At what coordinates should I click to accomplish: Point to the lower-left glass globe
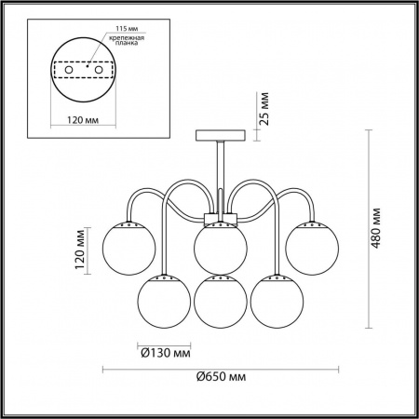point(160,300)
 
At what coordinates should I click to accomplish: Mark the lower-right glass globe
point(274,300)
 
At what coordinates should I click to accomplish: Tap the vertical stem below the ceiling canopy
point(220,172)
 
